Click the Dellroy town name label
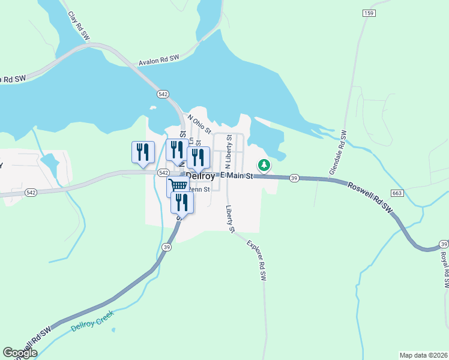200,176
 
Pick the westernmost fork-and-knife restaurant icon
143,152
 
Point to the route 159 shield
369,13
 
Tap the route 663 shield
396,193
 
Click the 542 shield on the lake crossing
163,94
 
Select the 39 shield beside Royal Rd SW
443,244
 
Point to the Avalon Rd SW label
159,61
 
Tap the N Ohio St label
200,124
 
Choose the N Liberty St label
228,152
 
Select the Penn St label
199,190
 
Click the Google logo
19,353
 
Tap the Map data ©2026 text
423,355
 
